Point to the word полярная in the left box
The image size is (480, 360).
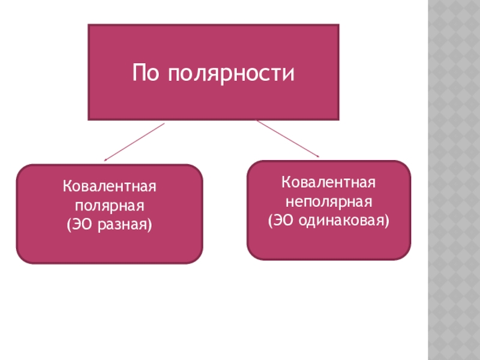[110, 206]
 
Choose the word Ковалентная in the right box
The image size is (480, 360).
[329, 182]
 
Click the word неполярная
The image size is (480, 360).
[329, 200]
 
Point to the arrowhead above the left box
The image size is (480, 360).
[106, 160]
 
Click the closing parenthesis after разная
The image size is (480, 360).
[150, 225]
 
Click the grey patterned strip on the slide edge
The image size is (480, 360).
[454, 180]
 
